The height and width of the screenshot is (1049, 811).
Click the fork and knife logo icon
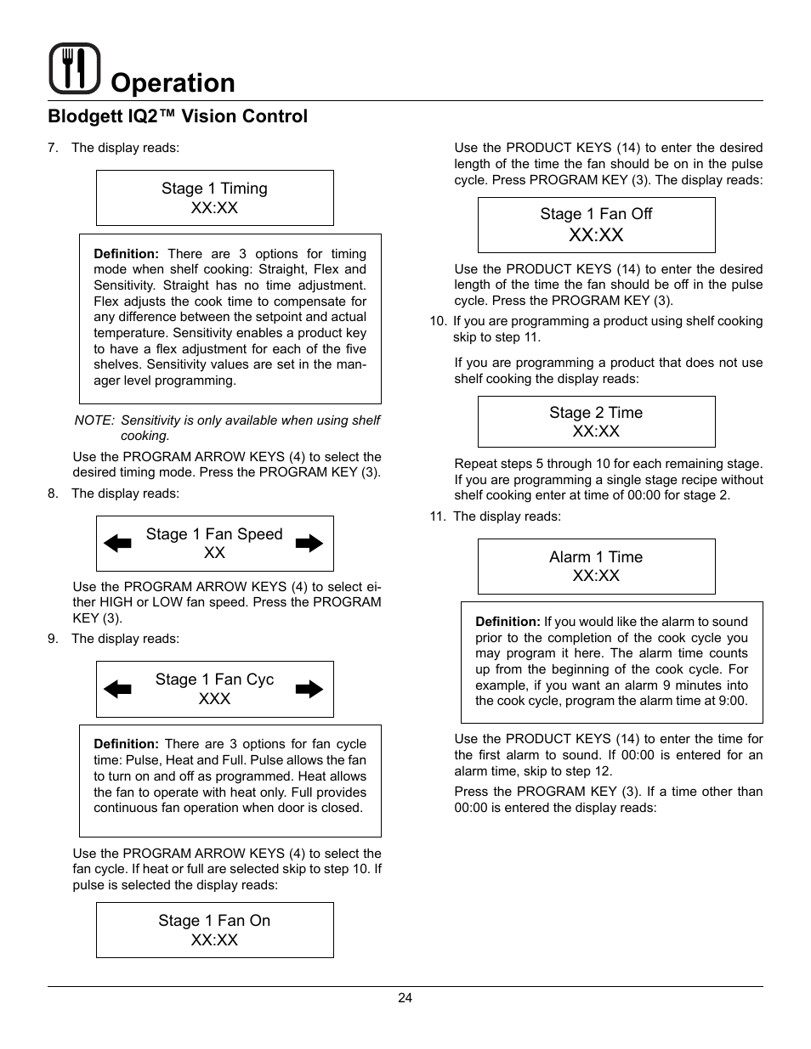tap(75, 68)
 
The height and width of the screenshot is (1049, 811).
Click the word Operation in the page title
tap(173, 83)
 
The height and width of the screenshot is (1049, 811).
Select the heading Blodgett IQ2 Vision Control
tap(178, 116)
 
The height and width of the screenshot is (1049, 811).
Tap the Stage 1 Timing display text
tap(214, 189)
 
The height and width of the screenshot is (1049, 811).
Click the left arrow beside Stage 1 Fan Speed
tap(117, 544)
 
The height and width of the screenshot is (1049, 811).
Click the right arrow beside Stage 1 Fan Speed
tap(310, 544)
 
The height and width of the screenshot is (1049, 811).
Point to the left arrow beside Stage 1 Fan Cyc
tap(117, 689)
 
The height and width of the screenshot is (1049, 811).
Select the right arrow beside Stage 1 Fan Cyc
tap(310, 689)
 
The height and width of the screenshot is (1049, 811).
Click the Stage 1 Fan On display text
tap(214, 921)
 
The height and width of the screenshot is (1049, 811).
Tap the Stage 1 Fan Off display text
tap(596, 214)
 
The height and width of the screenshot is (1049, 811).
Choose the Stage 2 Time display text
tap(596, 413)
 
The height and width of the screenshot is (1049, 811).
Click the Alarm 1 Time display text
tap(596, 557)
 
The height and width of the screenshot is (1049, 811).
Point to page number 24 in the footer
tap(405, 999)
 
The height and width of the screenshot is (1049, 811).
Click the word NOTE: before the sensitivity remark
tap(94, 420)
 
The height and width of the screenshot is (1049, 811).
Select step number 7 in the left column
tap(52, 148)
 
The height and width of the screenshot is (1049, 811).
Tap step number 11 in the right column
tap(436, 516)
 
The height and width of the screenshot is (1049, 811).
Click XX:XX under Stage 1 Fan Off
tap(596, 235)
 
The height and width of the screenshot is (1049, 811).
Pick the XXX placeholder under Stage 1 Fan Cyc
tap(214, 698)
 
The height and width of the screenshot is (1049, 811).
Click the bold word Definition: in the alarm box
tap(508, 622)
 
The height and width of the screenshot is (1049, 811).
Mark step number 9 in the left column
tap(52, 639)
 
